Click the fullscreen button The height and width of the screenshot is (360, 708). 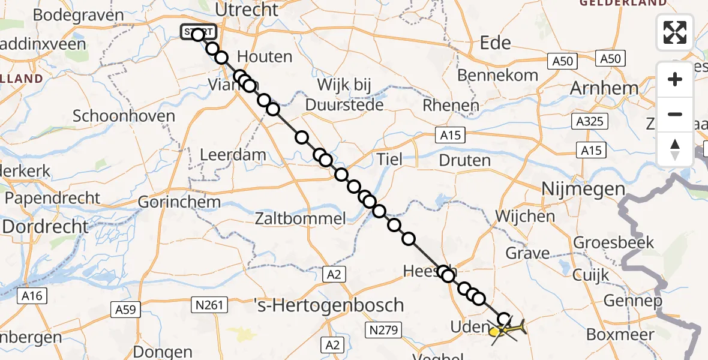675,32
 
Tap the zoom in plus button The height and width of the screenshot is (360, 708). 675,79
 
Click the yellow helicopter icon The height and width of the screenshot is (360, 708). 507,329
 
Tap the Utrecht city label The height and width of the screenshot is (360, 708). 247,10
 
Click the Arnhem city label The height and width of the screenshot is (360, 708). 604,88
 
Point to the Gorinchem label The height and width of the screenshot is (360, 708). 179,202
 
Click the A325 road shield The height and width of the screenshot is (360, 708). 589,122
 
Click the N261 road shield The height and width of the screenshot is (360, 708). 211,305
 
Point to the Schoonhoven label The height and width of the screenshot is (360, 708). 124,116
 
